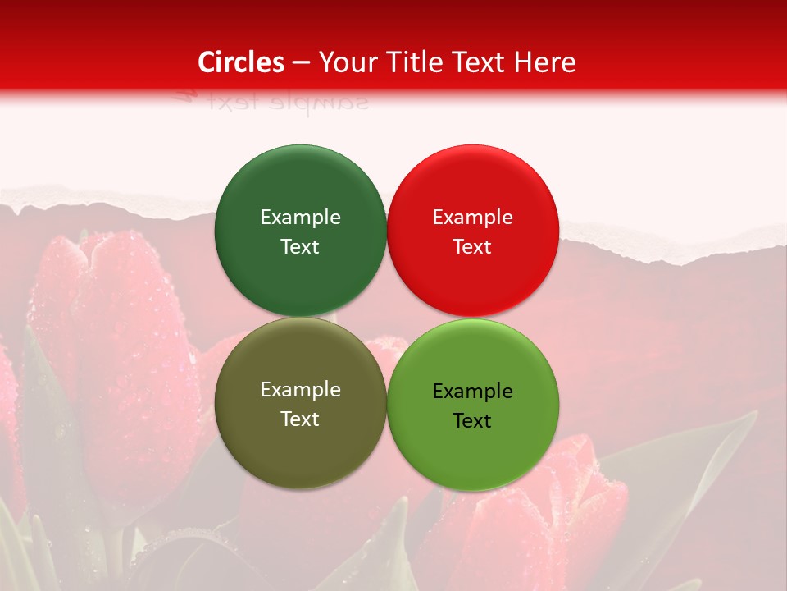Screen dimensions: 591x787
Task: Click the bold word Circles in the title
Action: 241,62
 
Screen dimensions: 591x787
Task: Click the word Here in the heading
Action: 548,62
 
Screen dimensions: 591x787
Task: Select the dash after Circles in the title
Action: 301,62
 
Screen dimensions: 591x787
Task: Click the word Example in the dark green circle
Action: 300,218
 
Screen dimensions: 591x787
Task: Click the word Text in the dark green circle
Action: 300,247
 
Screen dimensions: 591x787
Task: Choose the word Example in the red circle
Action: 472,218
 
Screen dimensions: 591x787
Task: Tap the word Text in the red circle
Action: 472,247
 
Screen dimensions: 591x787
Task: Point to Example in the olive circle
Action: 300,390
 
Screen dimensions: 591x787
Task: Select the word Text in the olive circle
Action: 300,419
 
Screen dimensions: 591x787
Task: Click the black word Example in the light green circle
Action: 472,392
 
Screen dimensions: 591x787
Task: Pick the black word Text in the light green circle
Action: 472,421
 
